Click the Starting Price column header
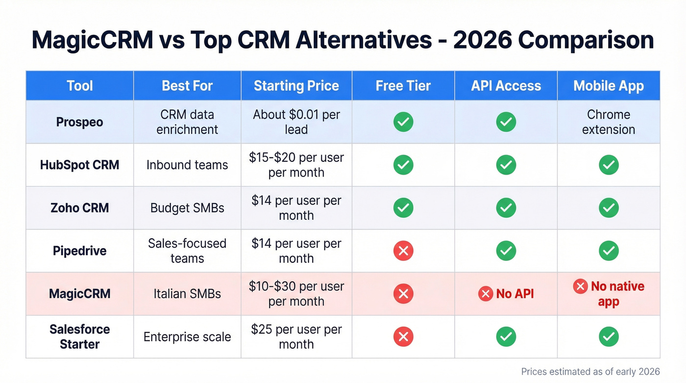[x=296, y=86]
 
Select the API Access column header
[x=506, y=86]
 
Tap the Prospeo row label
[x=79, y=122]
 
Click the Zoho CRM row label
[x=79, y=208]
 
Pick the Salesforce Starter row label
[x=79, y=336]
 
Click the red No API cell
[x=506, y=294]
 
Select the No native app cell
[x=609, y=294]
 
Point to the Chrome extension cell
[x=609, y=122]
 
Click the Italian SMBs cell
[x=187, y=294]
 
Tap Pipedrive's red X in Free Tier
[x=403, y=251]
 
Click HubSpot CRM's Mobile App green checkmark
[x=609, y=165]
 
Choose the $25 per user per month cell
[x=296, y=336]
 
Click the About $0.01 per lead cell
[x=296, y=122]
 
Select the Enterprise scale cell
[x=187, y=337]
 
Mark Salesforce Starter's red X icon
[x=403, y=337]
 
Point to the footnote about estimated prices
[x=590, y=371]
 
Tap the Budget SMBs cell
[x=187, y=208]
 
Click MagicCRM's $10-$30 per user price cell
[x=296, y=294]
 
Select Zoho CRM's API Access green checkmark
[x=506, y=208]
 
